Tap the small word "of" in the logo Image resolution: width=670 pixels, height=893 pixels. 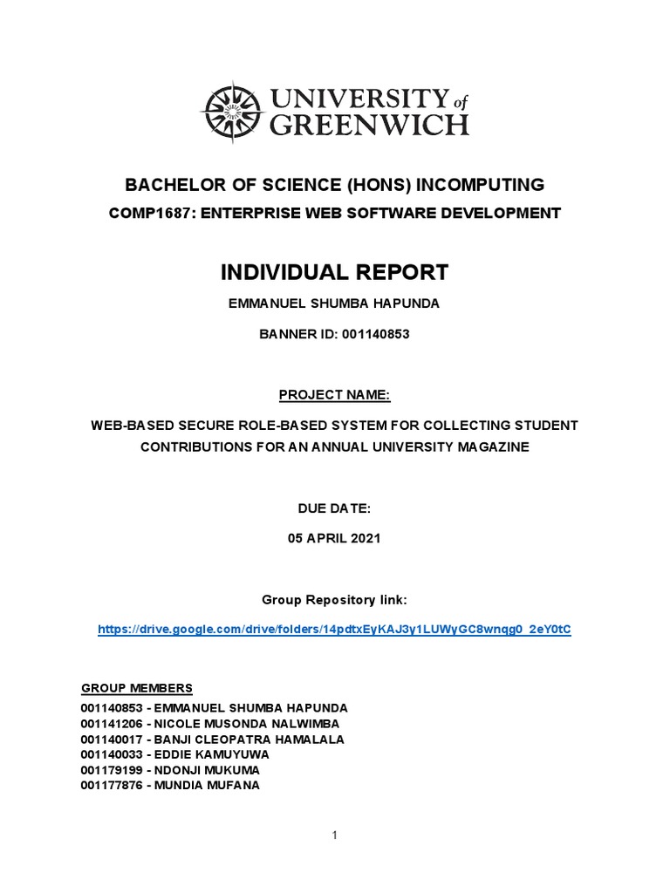pos(459,99)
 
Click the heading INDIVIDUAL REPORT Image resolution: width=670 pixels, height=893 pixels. pos(335,272)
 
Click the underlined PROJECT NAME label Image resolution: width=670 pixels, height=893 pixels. pos(335,395)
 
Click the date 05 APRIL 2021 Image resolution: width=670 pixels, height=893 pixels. pos(335,538)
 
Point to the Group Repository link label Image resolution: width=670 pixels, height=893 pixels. pos(335,600)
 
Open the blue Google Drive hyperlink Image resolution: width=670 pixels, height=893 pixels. pos(335,629)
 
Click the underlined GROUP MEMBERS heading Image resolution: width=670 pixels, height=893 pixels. pos(137,688)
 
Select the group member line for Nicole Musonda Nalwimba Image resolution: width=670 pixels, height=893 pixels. pos(210,724)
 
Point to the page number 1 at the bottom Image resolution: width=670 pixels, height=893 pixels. pos(335,835)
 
